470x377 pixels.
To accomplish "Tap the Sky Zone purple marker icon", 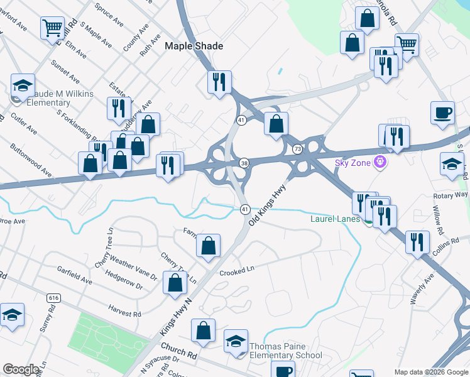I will pyautogui.click(x=379, y=163).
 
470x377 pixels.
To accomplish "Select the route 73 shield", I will pyautogui.click(x=297, y=149).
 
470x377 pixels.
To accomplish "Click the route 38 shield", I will pyautogui.click(x=244, y=163).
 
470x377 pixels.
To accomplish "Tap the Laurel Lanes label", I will pyautogui.click(x=336, y=219).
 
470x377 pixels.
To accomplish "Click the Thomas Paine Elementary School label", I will pyautogui.click(x=286, y=351).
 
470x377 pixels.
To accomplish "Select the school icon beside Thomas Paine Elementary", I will pyautogui.click(x=236, y=341).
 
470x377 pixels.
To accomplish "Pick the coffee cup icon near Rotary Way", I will pyautogui.click(x=443, y=113).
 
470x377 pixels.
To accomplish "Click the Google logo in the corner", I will pyautogui.click(x=21, y=369).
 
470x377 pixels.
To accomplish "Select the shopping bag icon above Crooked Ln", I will pyautogui.click(x=208, y=246).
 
